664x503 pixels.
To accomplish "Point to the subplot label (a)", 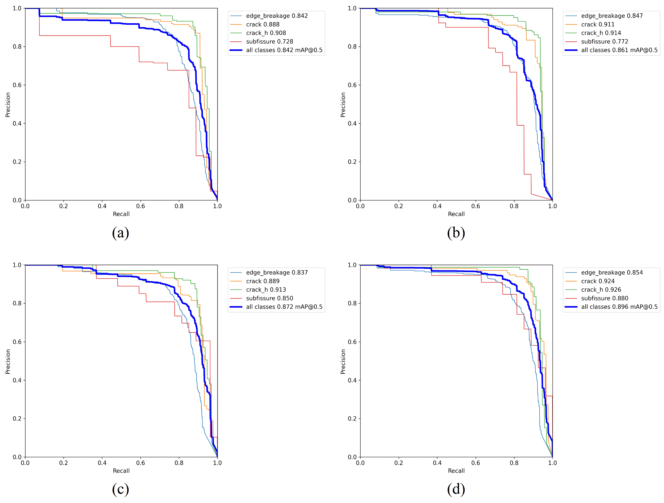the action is point(121,233).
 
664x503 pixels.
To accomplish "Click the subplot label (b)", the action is point(456,233).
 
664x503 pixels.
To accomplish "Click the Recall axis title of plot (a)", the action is point(121,214).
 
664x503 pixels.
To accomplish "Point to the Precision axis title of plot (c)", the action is point(8,362).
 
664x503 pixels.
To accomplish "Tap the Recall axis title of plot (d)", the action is point(456,471).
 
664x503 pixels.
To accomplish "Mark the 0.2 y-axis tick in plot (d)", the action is point(352,419).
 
